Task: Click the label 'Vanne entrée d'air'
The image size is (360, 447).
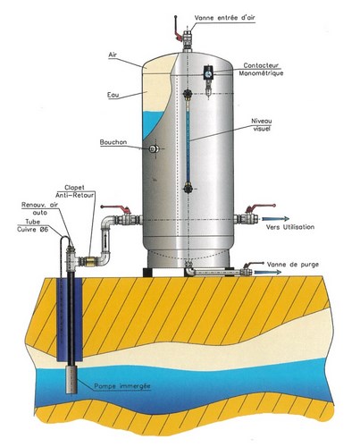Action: [x=225, y=18]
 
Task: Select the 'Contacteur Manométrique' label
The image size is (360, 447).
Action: [x=261, y=69]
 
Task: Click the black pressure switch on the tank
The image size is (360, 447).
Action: [x=208, y=73]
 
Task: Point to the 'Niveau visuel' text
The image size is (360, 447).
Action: [x=262, y=125]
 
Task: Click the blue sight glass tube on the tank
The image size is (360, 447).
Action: [x=188, y=141]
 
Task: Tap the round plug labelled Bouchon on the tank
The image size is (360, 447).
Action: [x=154, y=148]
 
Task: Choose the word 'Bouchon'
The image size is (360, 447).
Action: [x=113, y=142]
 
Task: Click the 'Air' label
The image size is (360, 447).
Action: [x=113, y=55]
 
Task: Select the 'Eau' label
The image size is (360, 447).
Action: [x=113, y=95]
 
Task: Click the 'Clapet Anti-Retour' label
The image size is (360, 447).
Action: [x=75, y=191]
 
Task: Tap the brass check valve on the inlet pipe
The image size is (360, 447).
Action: [x=89, y=261]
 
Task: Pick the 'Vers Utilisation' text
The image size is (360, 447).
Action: [x=290, y=227]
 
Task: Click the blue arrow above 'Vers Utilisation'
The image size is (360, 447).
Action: [x=275, y=219]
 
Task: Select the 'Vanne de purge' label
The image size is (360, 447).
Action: [x=293, y=265]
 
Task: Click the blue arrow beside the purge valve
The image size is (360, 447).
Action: [x=268, y=272]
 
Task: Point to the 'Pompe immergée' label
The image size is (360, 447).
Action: [x=122, y=386]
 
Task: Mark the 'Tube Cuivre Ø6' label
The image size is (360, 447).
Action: [x=32, y=225]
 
